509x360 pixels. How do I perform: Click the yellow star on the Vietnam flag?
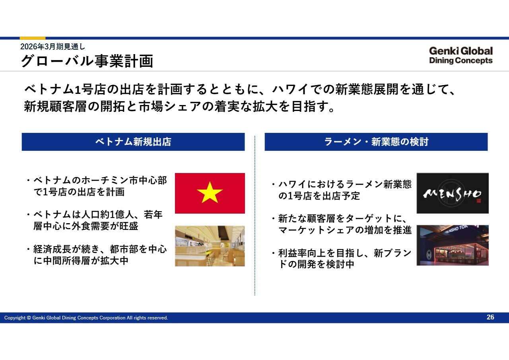click(210, 193)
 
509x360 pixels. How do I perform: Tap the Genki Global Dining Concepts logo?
click(461, 55)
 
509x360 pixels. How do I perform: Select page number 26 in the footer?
click(490, 317)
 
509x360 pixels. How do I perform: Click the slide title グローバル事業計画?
click(87, 61)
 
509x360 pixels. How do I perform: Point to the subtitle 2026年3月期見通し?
click(52, 47)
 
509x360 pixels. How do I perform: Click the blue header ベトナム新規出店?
click(133, 142)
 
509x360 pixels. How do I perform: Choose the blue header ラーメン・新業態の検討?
click(376, 142)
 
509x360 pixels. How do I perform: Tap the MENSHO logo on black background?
click(453, 193)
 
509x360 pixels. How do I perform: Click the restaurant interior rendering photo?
click(210, 246)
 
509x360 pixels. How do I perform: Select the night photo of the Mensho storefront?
click(453, 245)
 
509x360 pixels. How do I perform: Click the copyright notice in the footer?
click(86, 318)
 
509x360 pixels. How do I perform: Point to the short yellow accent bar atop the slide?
click(33, 38)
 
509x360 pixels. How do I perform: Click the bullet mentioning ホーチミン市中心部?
click(97, 186)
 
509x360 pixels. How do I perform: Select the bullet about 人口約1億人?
click(95, 220)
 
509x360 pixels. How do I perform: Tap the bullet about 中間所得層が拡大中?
click(97, 255)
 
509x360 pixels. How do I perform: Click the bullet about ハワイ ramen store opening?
click(342, 190)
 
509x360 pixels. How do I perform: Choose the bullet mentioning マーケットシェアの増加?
click(342, 224)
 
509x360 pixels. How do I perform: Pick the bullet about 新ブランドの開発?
click(342, 259)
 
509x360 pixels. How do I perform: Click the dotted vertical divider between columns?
click(255, 216)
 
